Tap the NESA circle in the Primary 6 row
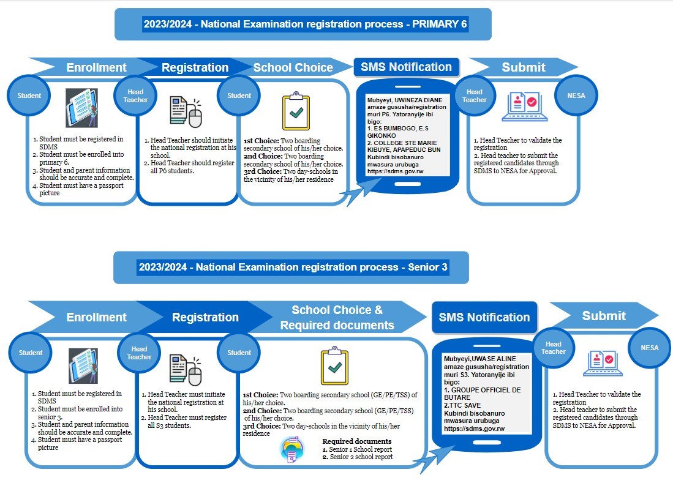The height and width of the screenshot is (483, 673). (x=575, y=95)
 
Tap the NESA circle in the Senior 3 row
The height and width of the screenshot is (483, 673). (x=650, y=348)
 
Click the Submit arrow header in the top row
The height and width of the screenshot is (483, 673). (x=523, y=68)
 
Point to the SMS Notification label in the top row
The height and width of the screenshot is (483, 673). (x=406, y=67)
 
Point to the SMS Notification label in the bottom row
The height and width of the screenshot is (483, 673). (x=484, y=317)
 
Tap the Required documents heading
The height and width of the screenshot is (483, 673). (x=356, y=441)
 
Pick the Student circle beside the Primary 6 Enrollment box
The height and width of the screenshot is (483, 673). (x=29, y=95)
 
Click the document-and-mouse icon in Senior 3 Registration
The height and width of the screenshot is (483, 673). (x=186, y=370)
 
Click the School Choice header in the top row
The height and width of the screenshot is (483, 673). (x=293, y=68)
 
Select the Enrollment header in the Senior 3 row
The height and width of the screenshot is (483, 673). (x=96, y=317)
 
